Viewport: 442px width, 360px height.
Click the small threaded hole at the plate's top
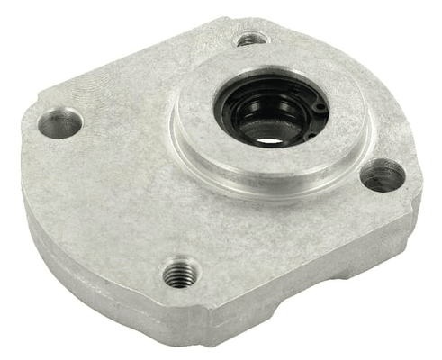251,39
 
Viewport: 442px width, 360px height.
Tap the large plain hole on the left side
60,122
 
